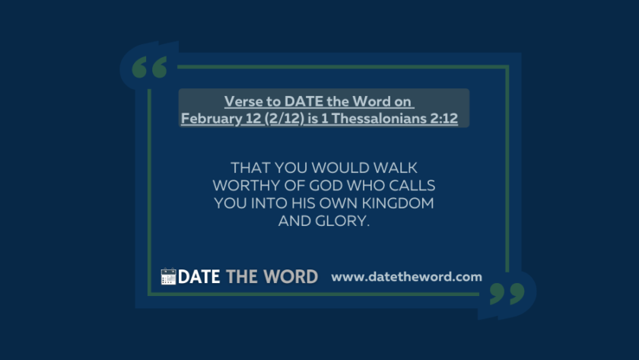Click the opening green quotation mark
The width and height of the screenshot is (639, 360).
coord(149,67)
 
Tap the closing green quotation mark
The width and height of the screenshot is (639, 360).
coord(507,293)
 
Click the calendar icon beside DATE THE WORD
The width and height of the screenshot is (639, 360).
coord(168,276)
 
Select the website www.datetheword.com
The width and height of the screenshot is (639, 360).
coord(406,277)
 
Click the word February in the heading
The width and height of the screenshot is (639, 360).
coord(211,119)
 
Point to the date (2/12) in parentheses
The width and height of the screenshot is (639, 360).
coord(284,119)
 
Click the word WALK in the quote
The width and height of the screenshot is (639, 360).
coord(396,167)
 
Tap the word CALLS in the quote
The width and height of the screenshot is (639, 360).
coord(412,186)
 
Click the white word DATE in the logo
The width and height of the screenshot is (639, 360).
coord(199,277)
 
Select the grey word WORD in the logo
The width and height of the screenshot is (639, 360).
coord(291,277)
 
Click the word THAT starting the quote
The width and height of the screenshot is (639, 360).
coord(250,167)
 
